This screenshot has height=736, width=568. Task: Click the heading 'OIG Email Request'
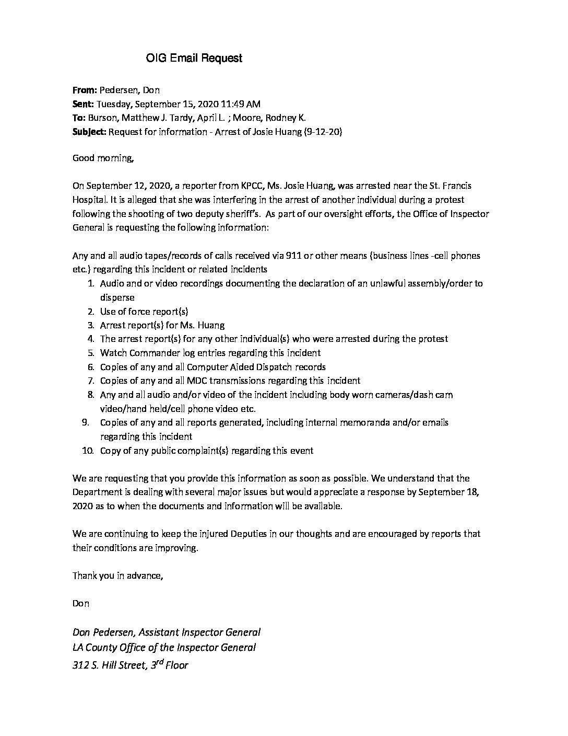click(x=194, y=58)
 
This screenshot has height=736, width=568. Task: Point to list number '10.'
click(x=88, y=450)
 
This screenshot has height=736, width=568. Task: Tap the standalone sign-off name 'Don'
click(x=81, y=603)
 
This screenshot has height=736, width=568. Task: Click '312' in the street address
click(x=81, y=665)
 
